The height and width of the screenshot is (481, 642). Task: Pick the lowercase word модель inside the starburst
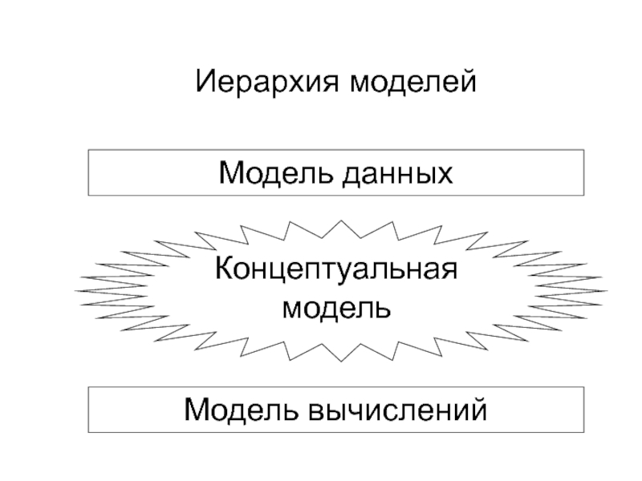336,306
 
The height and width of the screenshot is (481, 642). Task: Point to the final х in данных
445,174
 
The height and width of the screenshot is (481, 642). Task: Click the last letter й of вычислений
480,410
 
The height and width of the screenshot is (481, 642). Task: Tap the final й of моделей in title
469,81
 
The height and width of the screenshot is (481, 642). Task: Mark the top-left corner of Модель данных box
89,150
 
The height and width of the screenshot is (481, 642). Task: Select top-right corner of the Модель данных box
584,150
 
